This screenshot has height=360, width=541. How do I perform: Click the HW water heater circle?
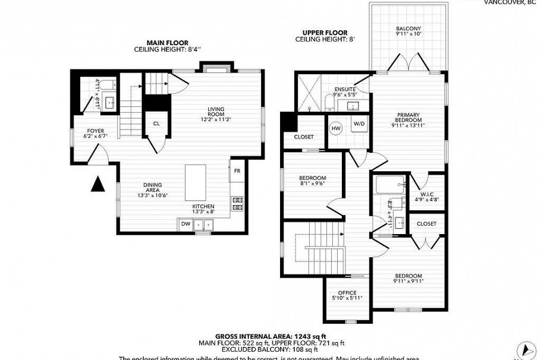tap(336, 128)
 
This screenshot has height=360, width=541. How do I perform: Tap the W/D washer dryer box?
tap(359, 124)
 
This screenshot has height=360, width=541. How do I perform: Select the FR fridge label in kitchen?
tap(237, 170)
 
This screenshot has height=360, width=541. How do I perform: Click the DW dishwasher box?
tap(186, 224)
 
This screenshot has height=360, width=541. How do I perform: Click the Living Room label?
tap(215, 112)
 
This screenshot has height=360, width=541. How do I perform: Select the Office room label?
tap(347, 295)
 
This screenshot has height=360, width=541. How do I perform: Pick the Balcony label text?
tap(408, 29)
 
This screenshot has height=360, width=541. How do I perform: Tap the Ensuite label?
tap(344, 90)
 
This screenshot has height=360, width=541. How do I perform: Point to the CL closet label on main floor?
tap(156, 124)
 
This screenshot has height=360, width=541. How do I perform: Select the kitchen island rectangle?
tap(196, 183)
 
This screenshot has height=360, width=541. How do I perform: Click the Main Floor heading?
tap(168, 43)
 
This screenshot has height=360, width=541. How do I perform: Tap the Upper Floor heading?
tap(325, 33)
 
